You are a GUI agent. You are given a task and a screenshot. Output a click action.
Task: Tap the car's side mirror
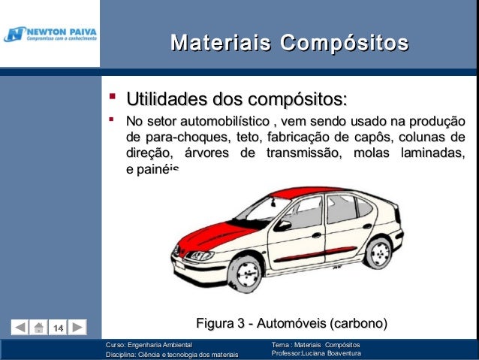coord(283,225)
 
